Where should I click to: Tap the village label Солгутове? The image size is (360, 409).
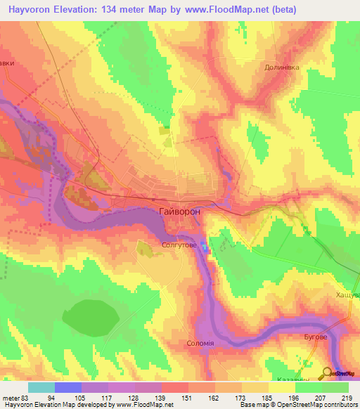pos(178,246)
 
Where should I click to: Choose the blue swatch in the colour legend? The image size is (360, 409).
pos(67,387)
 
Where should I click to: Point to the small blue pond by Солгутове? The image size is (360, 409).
pos(205,247)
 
